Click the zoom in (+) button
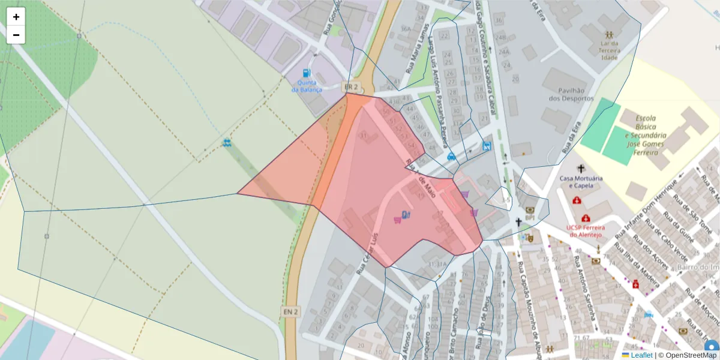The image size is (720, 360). click(x=16, y=17)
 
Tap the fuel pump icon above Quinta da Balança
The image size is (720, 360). click(x=307, y=73)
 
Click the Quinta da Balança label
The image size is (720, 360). click(x=307, y=86)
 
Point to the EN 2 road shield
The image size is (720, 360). click(x=290, y=312)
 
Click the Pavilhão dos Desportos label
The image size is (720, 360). click(x=571, y=94)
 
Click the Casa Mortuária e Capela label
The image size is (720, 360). click(x=580, y=182)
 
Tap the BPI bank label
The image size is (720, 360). click(x=530, y=218)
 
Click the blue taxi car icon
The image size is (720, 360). click(x=451, y=157)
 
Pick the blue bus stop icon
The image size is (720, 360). click(x=486, y=146)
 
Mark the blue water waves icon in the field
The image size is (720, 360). click(x=227, y=143)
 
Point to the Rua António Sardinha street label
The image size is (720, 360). click(x=583, y=287)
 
